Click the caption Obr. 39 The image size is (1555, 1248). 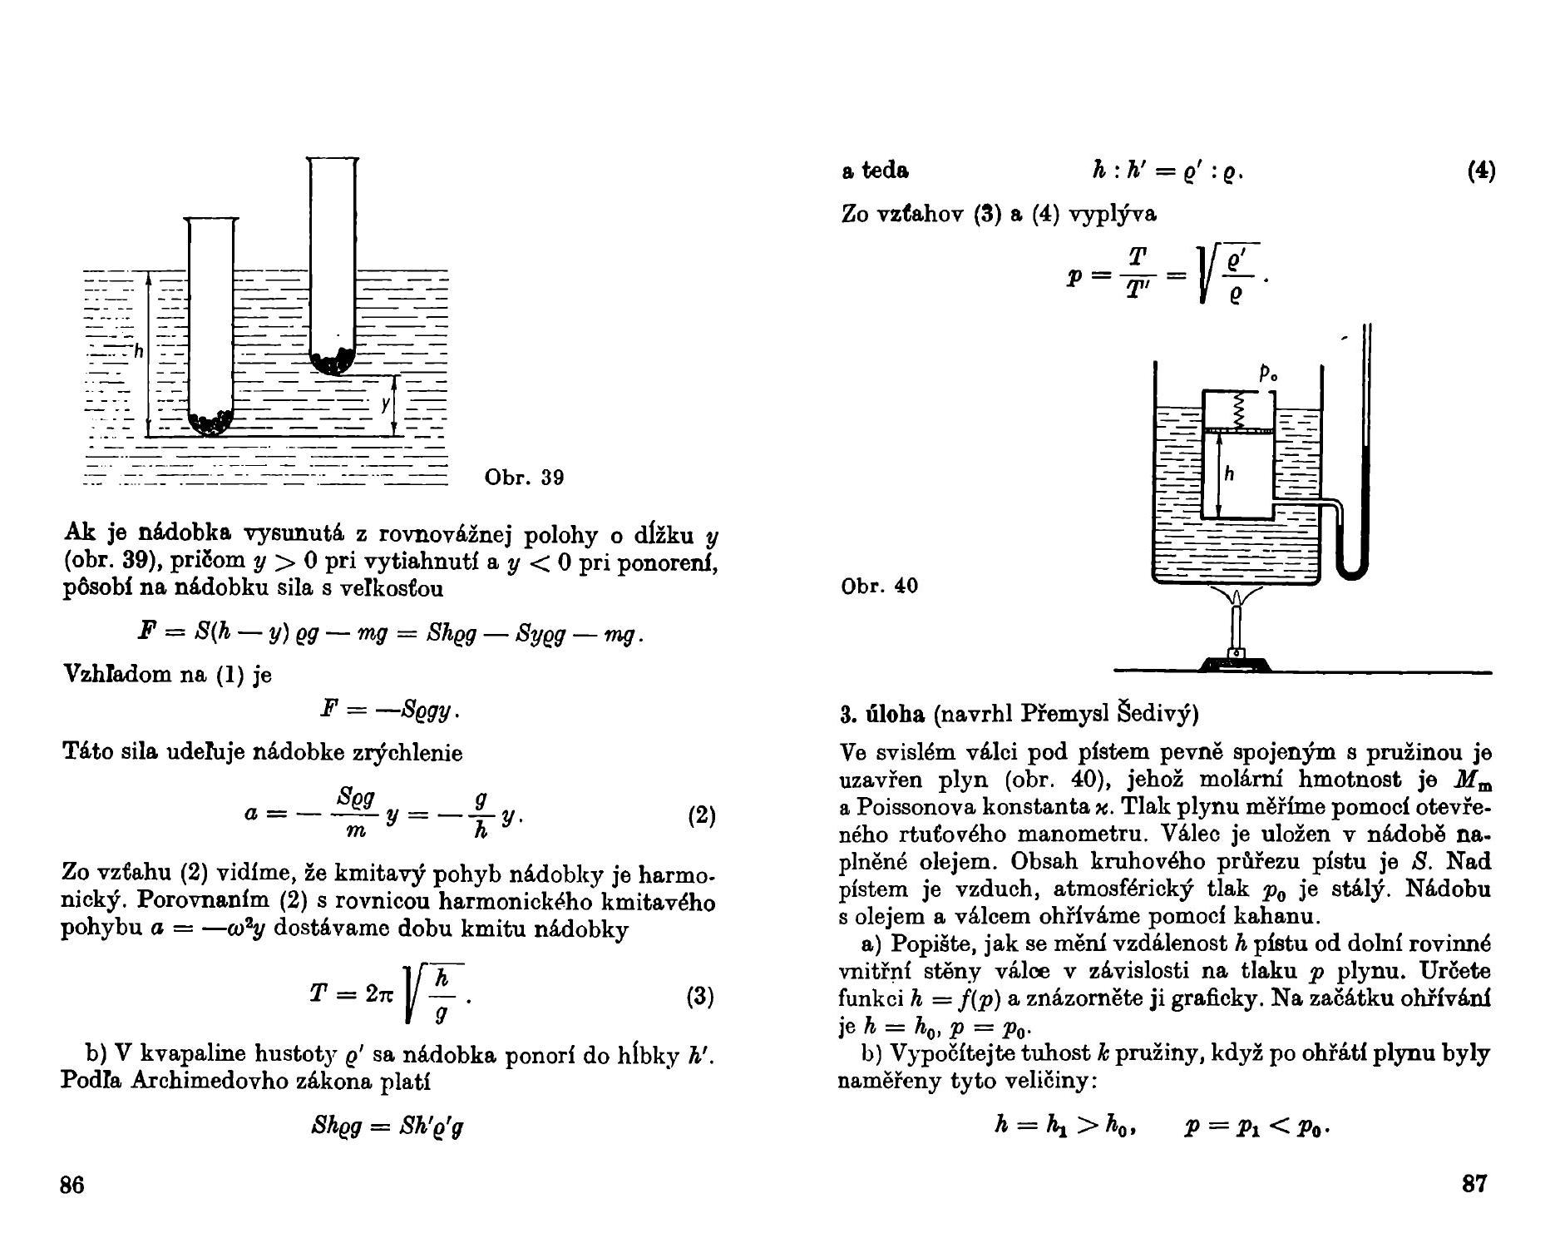(x=524, y=478)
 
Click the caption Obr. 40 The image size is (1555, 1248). (x=880, y=587)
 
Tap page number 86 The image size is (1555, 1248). (x=72, y=1184)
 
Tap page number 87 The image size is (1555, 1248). (x=1474, y=1183)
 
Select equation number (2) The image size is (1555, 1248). (x=702, y=815)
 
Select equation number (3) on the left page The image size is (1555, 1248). (x=700, y=996)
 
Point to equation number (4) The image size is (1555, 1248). (x=1481, y=171)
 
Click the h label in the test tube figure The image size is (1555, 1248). (x=139, y=352)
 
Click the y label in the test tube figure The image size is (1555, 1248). (x=384, y=404)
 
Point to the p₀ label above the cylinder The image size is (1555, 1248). (x=1268, y=375)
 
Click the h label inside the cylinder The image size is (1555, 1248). (x=1229, y=474)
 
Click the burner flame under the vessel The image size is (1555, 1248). (x=1237, y=600)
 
